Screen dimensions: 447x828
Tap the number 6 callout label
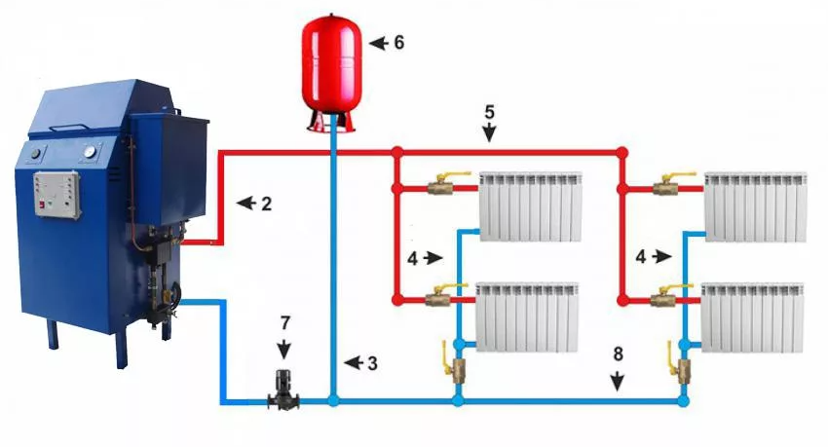(x=398, y=44)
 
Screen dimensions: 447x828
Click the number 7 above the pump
(x=284, y=320)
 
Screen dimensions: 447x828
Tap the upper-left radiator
(x=531, y=206)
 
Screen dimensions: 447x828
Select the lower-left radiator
(x=526, y=317)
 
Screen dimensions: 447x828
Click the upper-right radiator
(x=757, y=206)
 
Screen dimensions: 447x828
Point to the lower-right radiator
(x=753, y=317)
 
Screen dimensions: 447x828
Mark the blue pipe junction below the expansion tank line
(x=333, y=399)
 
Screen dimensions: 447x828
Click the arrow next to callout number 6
(x=377, y=44)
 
